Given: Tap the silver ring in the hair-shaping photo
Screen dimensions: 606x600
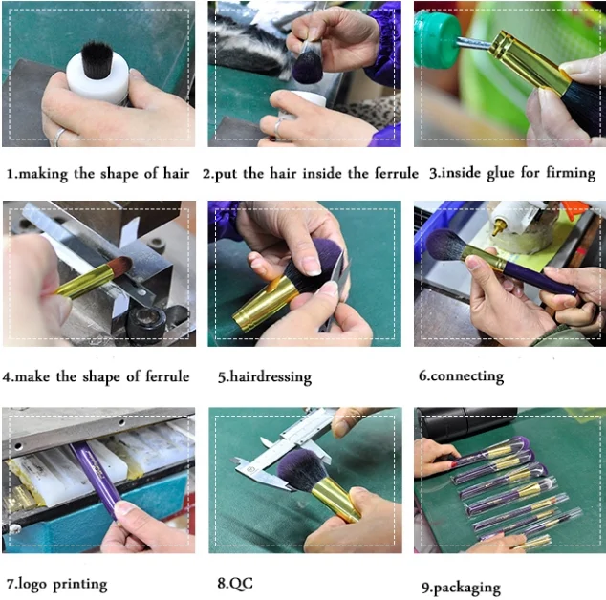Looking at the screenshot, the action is coord(58,138).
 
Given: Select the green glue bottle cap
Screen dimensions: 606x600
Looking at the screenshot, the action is coord(436,39).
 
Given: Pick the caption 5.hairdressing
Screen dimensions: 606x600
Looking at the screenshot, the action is coord(265,377).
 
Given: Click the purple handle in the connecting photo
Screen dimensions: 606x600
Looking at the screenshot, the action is coord(540,279).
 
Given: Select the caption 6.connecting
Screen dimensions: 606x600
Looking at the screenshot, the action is coord(461,376).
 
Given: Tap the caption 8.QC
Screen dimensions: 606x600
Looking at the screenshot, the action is coord(235,583).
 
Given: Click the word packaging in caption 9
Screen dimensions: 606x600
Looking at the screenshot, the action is coord(466,588).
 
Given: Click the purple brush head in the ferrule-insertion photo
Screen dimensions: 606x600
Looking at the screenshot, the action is coord(308,67).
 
